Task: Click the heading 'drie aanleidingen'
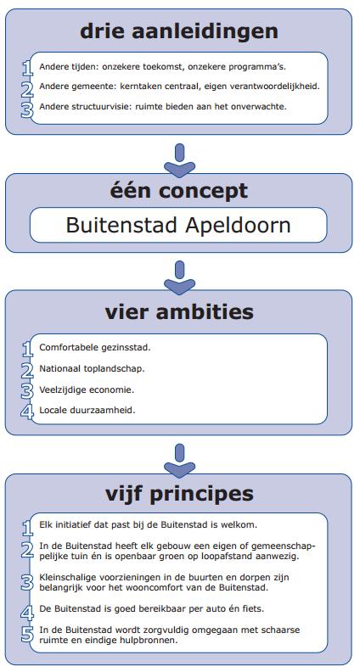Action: [179, 31]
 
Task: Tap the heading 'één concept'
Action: [179, 190]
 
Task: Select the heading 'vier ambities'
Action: [179, 311]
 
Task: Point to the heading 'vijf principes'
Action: [179, 494]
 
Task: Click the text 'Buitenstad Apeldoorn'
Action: [178, 225]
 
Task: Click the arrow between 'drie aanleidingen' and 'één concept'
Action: [180, 160]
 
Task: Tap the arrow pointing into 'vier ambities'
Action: [180, 277]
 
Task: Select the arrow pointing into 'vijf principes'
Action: [180, 461]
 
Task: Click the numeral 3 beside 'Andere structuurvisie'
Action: [27, 109]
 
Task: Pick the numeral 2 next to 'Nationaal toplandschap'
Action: [27, 371]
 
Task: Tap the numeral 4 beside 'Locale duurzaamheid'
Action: [27, 412]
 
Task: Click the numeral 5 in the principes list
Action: [27, 635]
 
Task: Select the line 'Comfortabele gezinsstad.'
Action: [95, 348]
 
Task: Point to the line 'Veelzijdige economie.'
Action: [87, 390]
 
